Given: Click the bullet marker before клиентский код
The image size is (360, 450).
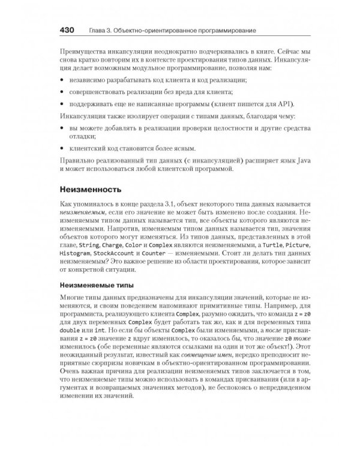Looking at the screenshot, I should tap(64, 148).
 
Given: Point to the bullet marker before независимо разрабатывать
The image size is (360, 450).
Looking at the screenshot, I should tap(64, 79).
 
